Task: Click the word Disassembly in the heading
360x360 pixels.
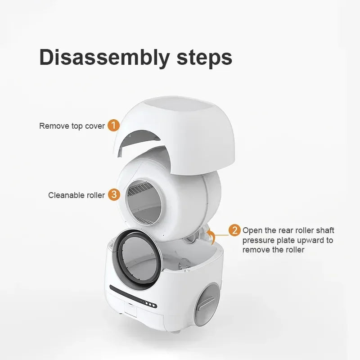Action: click(x=104, y=58)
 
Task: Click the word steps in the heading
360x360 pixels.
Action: click(x=204, y=58)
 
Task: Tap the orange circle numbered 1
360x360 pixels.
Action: click(x=114, y=126)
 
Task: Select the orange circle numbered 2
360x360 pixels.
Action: click(x=234, y=230)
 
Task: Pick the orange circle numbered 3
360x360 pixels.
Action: click(x=114, y=195)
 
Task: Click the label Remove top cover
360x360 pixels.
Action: click(x=72, y=126)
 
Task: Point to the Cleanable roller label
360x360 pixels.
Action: click(x=76, y=195)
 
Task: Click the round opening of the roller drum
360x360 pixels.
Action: click(x=144, y=202)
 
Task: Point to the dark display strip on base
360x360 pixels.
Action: click(x=133, y=297)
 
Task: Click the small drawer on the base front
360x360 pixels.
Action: click(x=130, y=310)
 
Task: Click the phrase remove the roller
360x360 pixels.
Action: click(x=273, y=250)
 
